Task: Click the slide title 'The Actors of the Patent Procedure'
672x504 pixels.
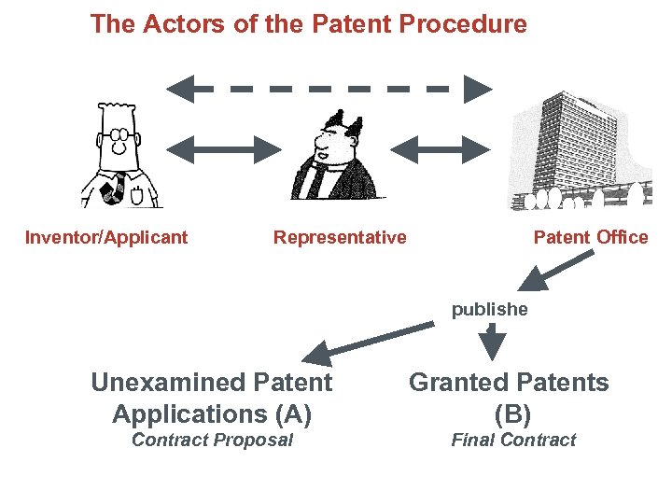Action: point(308,24)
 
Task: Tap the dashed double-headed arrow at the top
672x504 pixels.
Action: point(329,90)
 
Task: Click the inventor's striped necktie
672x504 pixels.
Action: point(117,186)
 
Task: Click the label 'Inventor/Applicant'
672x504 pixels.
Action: point(106,237)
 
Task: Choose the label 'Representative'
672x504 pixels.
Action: point(340,237)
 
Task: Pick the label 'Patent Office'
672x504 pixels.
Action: point(590,237)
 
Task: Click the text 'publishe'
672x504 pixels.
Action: point(489,310)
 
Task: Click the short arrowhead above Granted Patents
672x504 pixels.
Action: point(491,346)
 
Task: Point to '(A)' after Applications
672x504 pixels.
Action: point(290,413)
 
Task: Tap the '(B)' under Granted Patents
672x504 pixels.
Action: point(512,413)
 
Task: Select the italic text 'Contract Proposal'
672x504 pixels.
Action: point(212,441)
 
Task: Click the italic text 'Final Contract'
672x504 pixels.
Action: point(513,441)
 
